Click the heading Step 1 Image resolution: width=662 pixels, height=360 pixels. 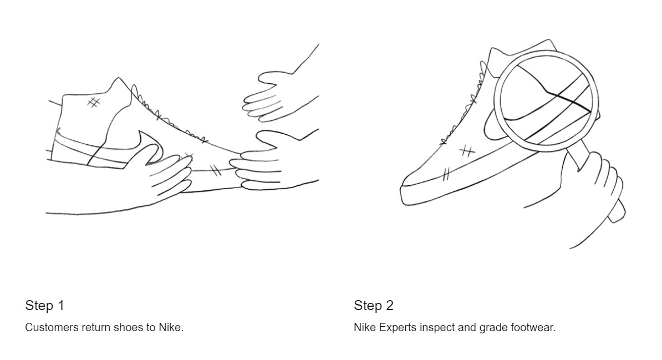pos(44,305)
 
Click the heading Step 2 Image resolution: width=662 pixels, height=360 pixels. pos(374,305)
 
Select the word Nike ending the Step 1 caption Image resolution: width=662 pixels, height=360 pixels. pos(171,327)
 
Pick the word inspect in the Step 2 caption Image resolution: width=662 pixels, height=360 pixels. pos(436,327)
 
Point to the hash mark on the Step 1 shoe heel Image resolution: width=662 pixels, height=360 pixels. pos(93,102)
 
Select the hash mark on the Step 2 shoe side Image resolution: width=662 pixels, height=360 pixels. pos(466,151)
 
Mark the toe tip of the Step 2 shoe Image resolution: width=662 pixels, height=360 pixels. pos(403,186)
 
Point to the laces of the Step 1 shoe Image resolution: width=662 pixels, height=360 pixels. pos(169,118)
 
